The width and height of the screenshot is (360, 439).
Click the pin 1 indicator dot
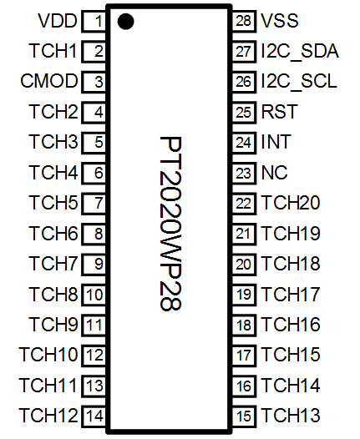coord(125,22)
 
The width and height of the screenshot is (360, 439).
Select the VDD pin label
coord(58,21)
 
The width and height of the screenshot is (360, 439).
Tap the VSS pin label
coord(280,21)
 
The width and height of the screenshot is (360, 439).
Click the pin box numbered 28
coord(244,21)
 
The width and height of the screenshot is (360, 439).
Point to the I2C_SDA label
coord(300,51)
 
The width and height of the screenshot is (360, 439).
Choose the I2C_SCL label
coord(299,81)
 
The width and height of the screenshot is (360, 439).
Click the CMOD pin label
coord(49,81)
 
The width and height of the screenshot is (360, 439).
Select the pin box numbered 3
coord(94,82)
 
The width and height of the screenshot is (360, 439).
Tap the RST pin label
coord(279,112)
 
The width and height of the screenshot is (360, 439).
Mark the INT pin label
coord(276,142)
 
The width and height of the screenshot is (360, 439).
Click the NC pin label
coord(274,172)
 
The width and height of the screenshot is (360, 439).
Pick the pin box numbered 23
coord(244,173)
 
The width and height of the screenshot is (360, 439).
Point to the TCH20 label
coord(291,203)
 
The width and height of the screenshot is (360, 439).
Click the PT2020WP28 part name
coord(170,224)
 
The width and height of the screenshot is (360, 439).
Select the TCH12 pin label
coord(48,415)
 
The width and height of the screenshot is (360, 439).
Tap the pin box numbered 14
coord(94,416)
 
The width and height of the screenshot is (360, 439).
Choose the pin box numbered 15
coord(244,416)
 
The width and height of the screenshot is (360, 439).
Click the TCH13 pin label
coord(291,415)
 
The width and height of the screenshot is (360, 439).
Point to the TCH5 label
coord(53,203)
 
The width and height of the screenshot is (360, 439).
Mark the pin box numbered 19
coord(244,295)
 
